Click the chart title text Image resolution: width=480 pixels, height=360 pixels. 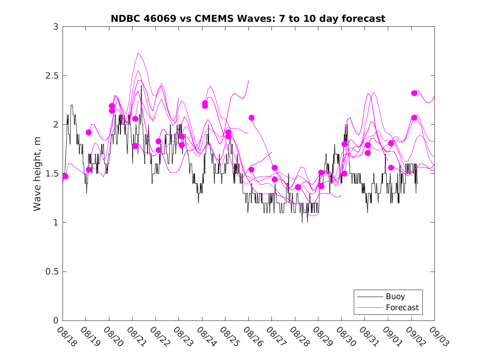click(248, 19)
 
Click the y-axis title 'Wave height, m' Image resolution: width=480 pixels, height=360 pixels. click(37, 174)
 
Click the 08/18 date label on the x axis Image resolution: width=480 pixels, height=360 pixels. click(67, 337)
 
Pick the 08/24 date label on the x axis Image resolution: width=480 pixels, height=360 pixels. click(206, 337)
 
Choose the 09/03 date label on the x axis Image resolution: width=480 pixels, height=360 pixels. click(438, 337)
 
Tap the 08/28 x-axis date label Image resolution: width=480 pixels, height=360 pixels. click(299, 337)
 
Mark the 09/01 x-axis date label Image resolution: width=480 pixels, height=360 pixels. click(392, 337)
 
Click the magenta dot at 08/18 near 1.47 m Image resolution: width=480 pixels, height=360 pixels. click(65, 177)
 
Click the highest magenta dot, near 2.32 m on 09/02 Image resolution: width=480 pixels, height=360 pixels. click(414, 93)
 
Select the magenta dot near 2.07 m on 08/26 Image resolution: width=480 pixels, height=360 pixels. click(251, 118)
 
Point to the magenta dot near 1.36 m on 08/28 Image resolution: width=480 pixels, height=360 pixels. click(298, 187)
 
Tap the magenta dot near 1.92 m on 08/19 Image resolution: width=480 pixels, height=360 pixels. click(88, 132)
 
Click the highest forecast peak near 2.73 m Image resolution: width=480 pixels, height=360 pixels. click(138, 53)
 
